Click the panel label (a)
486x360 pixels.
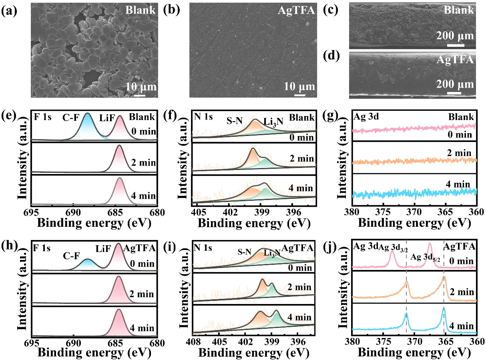pyautogui.click(x=9, y=11)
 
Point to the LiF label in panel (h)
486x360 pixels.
pyautogui.click(x=102, y=250)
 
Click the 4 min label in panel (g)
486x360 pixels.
pyautogui.click(x=458, y=184)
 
